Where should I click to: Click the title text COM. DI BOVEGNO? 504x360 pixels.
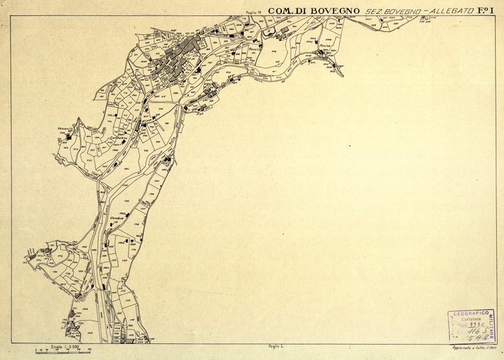313,11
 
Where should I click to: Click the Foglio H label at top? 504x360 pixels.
253,12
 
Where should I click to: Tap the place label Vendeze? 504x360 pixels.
117,218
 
